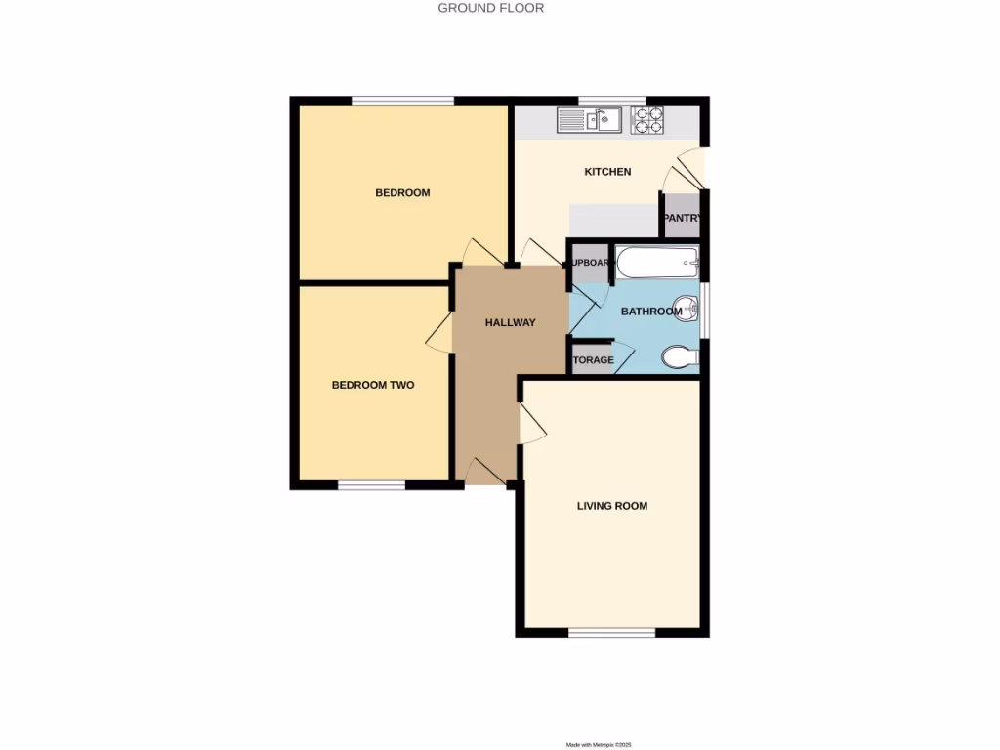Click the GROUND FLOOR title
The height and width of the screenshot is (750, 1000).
click(490, 8)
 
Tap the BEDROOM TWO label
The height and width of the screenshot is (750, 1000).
click(373, 385)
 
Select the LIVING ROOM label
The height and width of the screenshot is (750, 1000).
click(612, 506)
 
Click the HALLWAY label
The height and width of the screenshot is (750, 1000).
click(511, 322)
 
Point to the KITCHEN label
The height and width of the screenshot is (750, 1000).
click(607, 172)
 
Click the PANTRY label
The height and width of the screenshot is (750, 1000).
click(682, 219)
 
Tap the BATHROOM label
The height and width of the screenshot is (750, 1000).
click(651, 312)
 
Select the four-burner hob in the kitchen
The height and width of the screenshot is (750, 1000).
click(647, 120)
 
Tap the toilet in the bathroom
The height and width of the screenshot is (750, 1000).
click(680, 357)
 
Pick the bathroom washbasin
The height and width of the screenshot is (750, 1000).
click(688, 309)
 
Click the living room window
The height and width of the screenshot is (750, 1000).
click(612, 633)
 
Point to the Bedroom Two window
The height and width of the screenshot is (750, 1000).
click(372, 485)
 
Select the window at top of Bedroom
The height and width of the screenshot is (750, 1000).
click(402, 100)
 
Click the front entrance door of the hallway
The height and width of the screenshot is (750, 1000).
click(486, 473)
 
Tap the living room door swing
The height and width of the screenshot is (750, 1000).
click(532, 426)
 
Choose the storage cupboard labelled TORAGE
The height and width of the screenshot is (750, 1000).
click(593, 359)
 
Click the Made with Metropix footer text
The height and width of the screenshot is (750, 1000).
click(606, 744)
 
